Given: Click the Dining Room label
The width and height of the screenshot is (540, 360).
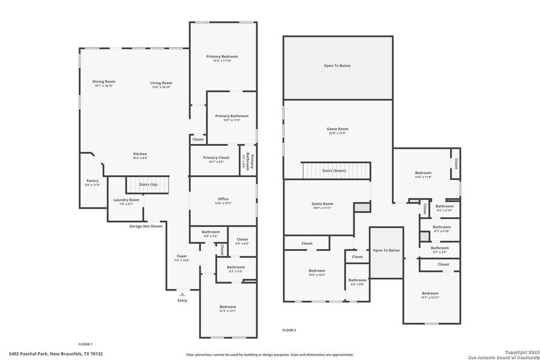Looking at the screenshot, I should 104,84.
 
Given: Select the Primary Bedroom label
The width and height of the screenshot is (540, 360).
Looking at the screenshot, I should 222,58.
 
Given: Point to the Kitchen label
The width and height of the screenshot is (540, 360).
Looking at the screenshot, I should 140,156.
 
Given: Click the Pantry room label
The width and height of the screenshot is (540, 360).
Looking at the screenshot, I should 92,182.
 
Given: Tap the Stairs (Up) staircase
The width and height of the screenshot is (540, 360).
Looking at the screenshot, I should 148,185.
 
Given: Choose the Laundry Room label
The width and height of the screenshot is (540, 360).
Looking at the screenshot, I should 126,202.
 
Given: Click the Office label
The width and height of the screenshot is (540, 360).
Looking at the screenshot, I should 223,201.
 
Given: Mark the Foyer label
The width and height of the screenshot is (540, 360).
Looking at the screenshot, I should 181,258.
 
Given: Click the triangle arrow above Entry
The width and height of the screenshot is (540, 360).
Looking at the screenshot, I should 182,294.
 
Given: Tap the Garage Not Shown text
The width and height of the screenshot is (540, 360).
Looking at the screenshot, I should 146,226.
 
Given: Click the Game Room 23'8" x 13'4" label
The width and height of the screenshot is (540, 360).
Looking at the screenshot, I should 337,131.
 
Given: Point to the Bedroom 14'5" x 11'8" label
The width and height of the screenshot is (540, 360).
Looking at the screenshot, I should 423,175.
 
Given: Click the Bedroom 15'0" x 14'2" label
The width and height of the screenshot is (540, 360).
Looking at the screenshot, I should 317,272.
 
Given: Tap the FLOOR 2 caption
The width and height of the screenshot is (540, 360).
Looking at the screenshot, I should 289,330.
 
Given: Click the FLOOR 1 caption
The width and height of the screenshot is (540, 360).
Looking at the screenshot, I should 85,344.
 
